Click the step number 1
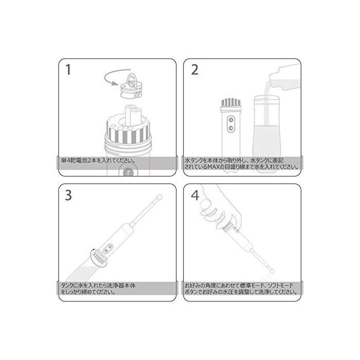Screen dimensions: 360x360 tap(68, 69)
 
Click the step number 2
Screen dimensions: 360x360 tap(194, 69)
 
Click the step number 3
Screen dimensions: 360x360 tap(68, 195)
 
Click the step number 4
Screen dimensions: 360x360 tap(195, 195)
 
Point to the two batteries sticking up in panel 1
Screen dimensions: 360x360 tap(133, 116)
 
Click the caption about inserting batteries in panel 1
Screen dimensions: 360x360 tap(98, 160)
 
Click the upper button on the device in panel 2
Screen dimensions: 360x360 tap(231, 120)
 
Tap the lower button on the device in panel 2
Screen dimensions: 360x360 tap(231, 128)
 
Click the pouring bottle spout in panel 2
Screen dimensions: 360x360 tap(273, 81)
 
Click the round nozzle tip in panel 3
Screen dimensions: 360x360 tap(159, 197)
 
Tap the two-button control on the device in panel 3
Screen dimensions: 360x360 tap(108, 248)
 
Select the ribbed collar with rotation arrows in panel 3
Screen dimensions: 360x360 tap(99, 258)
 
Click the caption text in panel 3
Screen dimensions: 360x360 tap(98, 289)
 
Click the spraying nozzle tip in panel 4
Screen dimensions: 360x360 tap(272, 272)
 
